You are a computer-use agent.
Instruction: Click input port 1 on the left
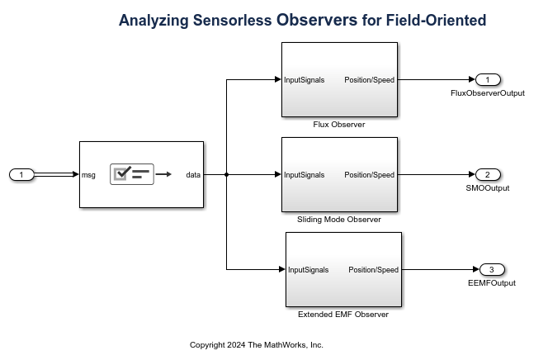pyautogui.click(x=21, y=174)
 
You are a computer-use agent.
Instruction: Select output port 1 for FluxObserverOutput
pyautogui.click(x=488, y=79)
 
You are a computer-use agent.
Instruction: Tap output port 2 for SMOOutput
pyautogui.click(x=488, y=174)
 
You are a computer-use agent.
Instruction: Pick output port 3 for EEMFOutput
pyautogui.click(x=492, y=269)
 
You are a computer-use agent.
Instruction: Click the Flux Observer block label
pyautogui.click(x=339, y=125)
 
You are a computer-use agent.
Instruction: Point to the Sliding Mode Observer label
pyautogui.click(x=339, y=220)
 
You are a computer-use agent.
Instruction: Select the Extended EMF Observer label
pyautogui.click(x=343, y=315)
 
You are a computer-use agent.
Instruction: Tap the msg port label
pyautogui.click(x=89, y=174)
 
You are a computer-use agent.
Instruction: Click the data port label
pyautogui.click(x=193, y=174)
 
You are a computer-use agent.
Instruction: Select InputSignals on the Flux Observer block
pyautogui.click(x=305, y=80)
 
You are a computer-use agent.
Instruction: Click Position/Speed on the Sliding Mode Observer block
pyautogui.click(x=369, y=175)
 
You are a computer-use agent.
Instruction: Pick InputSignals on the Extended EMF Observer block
pyautogui.click(x=309, y=270)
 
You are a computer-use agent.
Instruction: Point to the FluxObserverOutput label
pyautogui.click(x=488, y=93)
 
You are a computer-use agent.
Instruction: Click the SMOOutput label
pyautogui.click(x=488, y=188)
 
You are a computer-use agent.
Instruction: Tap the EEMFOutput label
pyautogui.click(x=492, y=283)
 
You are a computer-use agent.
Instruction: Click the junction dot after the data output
pyautogui.click(x=226, y=174)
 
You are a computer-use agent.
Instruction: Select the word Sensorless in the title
pyautogui.click(x=223, y=20)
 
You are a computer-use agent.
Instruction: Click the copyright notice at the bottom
pyautogui.click(x=257, y=345)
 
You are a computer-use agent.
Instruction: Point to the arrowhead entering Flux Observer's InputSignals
pyautogui.click(x=277, y=79)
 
